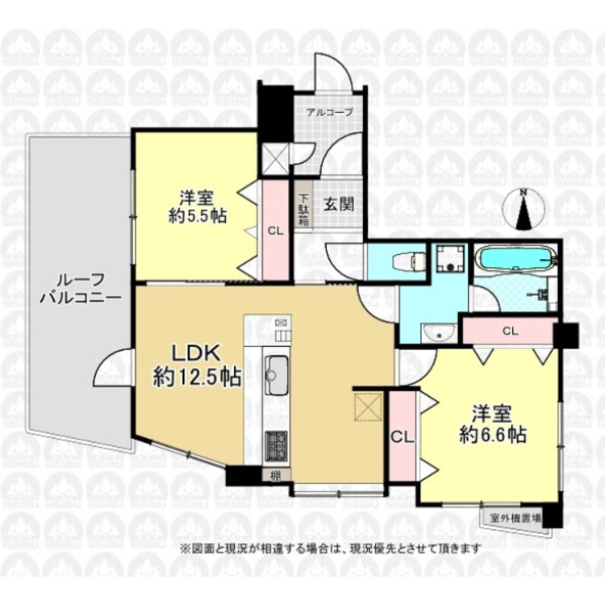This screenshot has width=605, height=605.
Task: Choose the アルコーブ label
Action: (329, 112)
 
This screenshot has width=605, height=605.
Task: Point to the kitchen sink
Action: (277, 373)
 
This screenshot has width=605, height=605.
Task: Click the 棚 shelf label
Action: (276, 476)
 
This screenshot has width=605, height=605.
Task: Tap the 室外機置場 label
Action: (515, 516)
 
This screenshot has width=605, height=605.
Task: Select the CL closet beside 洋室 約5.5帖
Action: (275, 230)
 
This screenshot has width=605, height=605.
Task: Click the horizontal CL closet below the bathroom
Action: (509, 331)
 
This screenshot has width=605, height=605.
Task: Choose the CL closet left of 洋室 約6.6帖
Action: (403, 436)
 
